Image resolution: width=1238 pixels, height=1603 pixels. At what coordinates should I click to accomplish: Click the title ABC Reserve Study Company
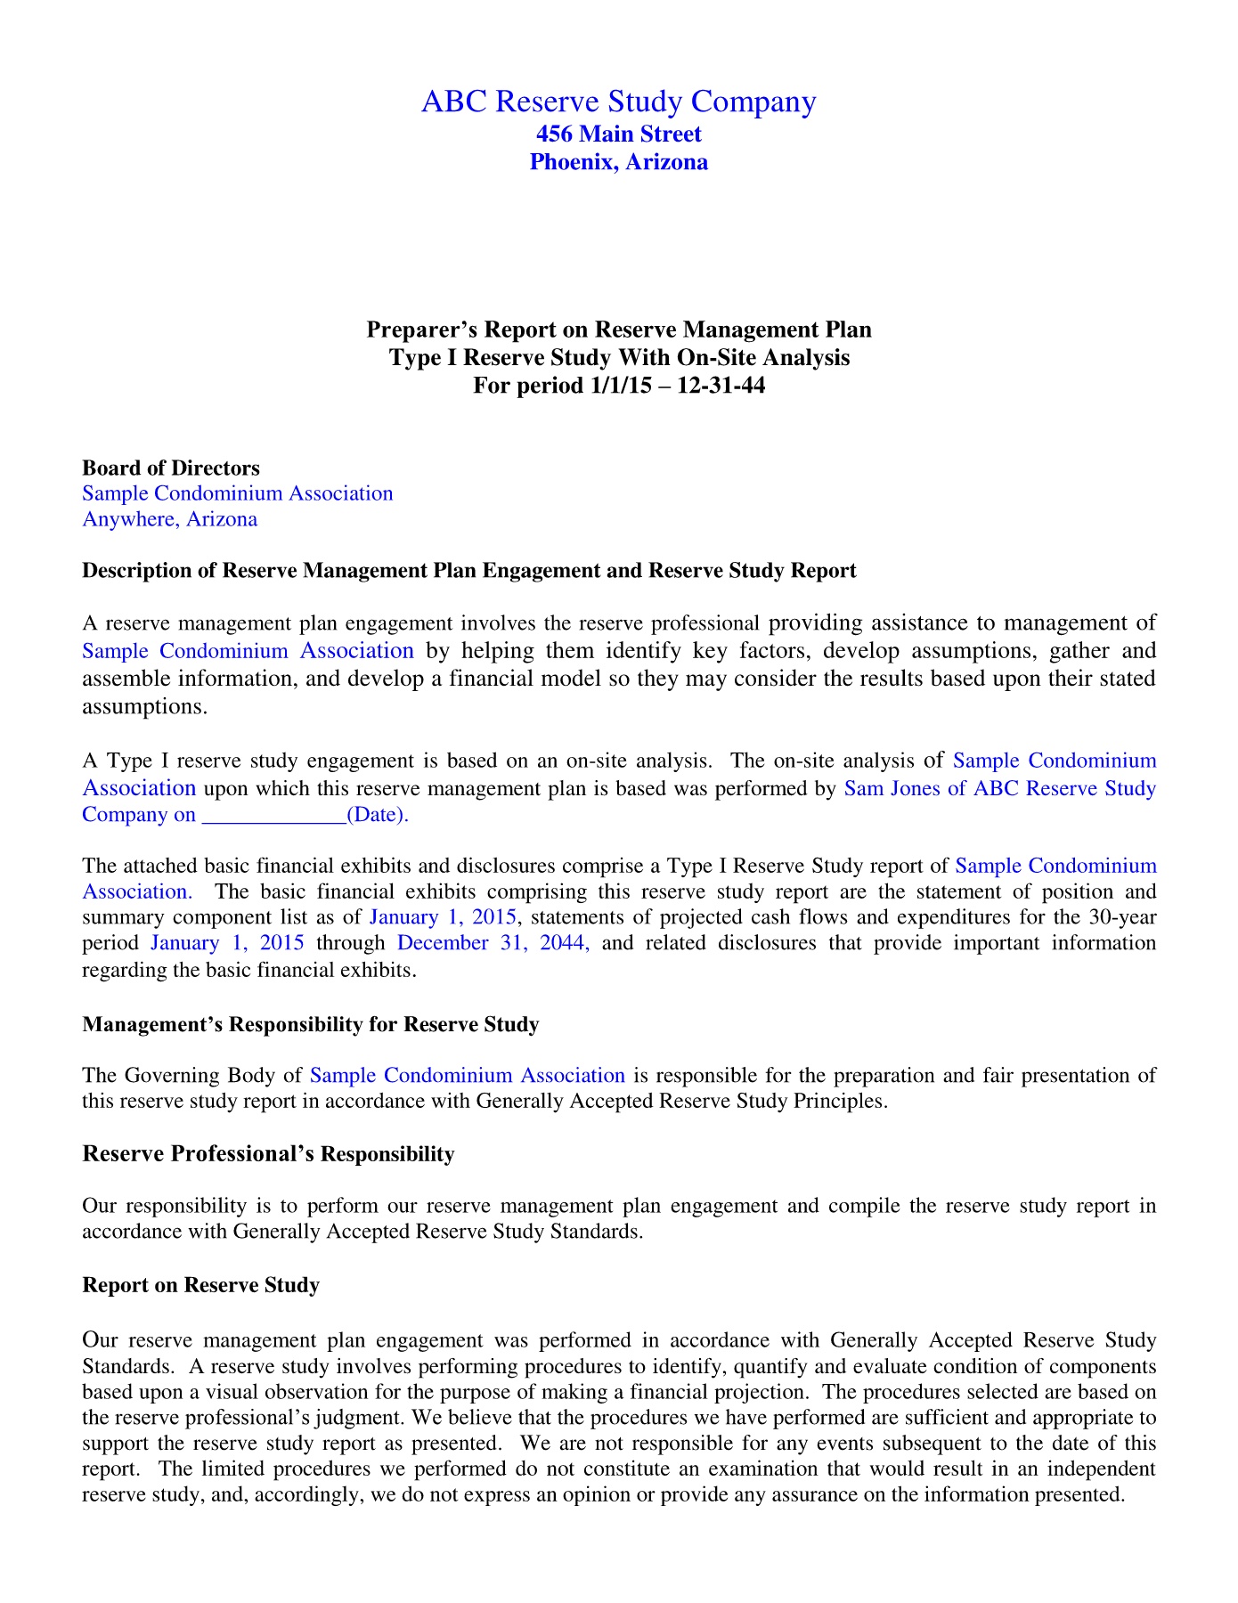[618, 102]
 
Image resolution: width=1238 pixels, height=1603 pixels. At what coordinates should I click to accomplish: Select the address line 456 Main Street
[618, 134]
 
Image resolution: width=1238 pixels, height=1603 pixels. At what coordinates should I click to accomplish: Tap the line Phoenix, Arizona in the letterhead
[618, 162]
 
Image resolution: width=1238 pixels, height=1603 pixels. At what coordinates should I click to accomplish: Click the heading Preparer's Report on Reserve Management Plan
[618, 330]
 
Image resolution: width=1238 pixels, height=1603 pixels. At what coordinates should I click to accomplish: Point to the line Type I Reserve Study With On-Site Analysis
[618, 358]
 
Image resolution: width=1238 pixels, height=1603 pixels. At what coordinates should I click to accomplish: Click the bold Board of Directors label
[171, 468]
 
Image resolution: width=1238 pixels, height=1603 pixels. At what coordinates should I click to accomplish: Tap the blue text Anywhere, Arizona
[169, 519]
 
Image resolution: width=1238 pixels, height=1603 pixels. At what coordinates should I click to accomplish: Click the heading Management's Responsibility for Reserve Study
[310, 1025]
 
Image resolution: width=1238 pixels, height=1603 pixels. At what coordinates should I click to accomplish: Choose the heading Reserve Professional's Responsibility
[267, 1154]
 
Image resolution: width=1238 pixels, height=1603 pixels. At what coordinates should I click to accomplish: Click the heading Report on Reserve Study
[200, 1285]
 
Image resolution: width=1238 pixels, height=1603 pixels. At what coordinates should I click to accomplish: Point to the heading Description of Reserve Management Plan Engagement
[468, 571]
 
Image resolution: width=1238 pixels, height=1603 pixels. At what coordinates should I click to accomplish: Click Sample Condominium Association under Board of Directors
[237, 493]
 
